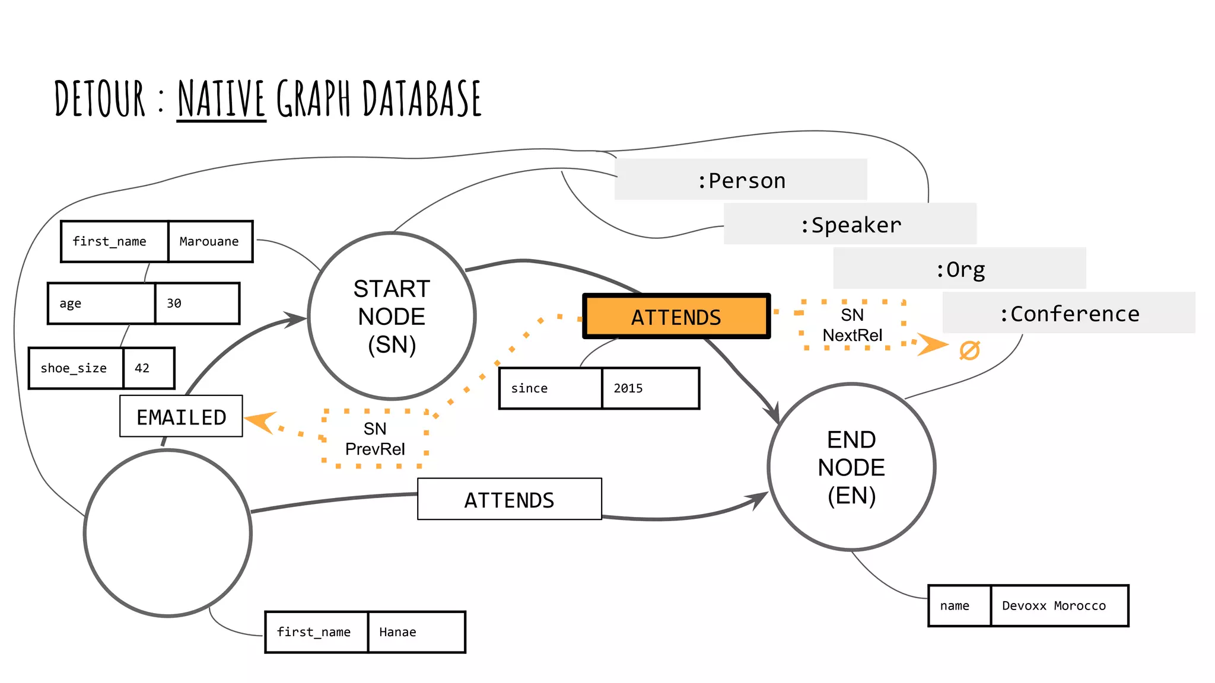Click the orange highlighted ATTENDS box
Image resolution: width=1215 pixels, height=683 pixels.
676,317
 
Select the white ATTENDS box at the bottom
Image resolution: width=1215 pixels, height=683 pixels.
509,499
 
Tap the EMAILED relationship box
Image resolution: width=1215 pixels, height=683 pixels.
181,416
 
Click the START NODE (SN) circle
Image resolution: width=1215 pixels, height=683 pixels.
392,316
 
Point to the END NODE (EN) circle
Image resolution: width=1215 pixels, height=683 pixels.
851,467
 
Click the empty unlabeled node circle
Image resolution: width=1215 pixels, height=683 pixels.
168,533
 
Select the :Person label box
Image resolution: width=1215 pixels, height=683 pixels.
740,180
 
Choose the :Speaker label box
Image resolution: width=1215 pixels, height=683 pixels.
850,224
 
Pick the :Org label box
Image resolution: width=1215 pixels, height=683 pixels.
959,269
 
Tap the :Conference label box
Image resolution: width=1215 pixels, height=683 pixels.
1068,313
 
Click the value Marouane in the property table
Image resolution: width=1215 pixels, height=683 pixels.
210,241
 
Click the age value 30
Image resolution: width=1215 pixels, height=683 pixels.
197,304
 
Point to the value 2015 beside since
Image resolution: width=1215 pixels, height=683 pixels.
650,388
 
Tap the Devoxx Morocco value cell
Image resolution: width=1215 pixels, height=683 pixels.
1059,605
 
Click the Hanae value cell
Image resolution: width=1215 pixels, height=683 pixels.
416,632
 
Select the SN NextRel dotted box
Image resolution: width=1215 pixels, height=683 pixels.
853,325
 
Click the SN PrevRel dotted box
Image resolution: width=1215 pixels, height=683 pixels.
375,439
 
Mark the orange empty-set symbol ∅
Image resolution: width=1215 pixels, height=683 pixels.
969,350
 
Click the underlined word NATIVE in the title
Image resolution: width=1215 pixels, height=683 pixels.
221,99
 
